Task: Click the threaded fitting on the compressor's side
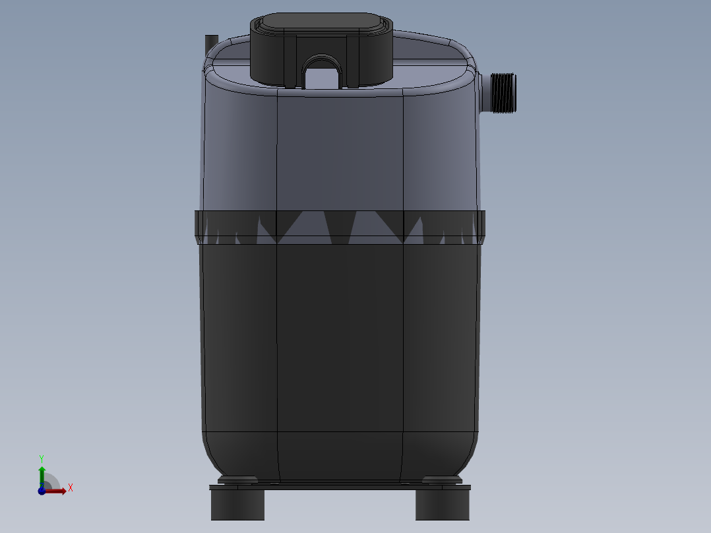pyautogui.click(x=503, y=93)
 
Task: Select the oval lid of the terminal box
pyautogui.click(x=321, y=22)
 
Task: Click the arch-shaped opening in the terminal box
pyautogui.click(x=321, y=73)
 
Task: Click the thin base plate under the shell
pyautogui.click(x=340, y=487)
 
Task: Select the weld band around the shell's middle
pyautogui.click(x=340, y=228)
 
